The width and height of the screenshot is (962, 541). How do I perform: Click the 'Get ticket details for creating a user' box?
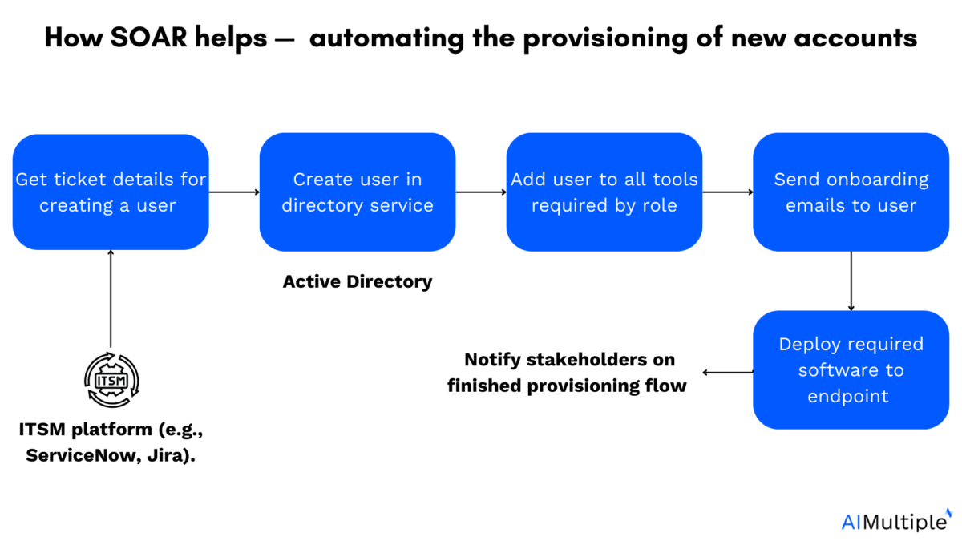click(x=111, y=192)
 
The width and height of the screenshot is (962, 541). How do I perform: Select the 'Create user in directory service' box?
click(x=358, y=192)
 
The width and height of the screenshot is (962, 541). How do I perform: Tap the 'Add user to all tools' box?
click(x=604, y=192)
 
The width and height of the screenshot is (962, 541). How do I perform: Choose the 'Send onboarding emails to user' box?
click(x=851, y=192)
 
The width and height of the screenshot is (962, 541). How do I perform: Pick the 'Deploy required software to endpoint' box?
click(x=851, y=369)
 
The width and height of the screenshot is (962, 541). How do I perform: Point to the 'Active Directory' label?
click(x=358, y=282)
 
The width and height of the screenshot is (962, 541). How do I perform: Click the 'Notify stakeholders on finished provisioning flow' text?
click(x=568, y=372)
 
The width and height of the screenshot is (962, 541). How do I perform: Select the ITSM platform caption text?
click(x=111, y=442)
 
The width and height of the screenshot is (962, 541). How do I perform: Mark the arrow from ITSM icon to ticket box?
click(x=111, y=299)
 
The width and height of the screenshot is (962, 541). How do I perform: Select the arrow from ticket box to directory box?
click(x=234, y=192)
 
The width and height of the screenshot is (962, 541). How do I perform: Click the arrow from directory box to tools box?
click(x=481, y=192)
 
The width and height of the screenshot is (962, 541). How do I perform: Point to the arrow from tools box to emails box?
click(x=727, y=192)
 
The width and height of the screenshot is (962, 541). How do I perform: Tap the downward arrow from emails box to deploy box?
click(x=851, y=281)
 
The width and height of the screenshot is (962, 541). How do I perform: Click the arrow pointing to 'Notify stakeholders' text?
click(x=728, y=372)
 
